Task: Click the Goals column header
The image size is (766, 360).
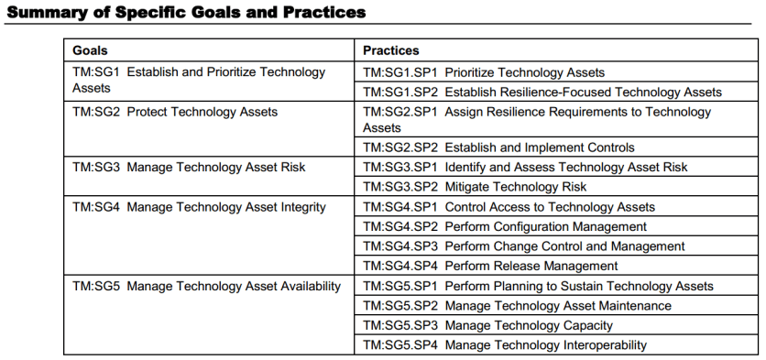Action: [90, 50]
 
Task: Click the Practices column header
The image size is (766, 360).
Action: [391, 50]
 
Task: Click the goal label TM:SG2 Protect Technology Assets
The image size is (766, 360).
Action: [175, 112]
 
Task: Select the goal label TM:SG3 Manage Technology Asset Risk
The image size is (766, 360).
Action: [189, 167]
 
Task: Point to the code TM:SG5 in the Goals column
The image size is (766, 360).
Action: [95, 286]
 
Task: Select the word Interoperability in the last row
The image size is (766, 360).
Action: [606, 345]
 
